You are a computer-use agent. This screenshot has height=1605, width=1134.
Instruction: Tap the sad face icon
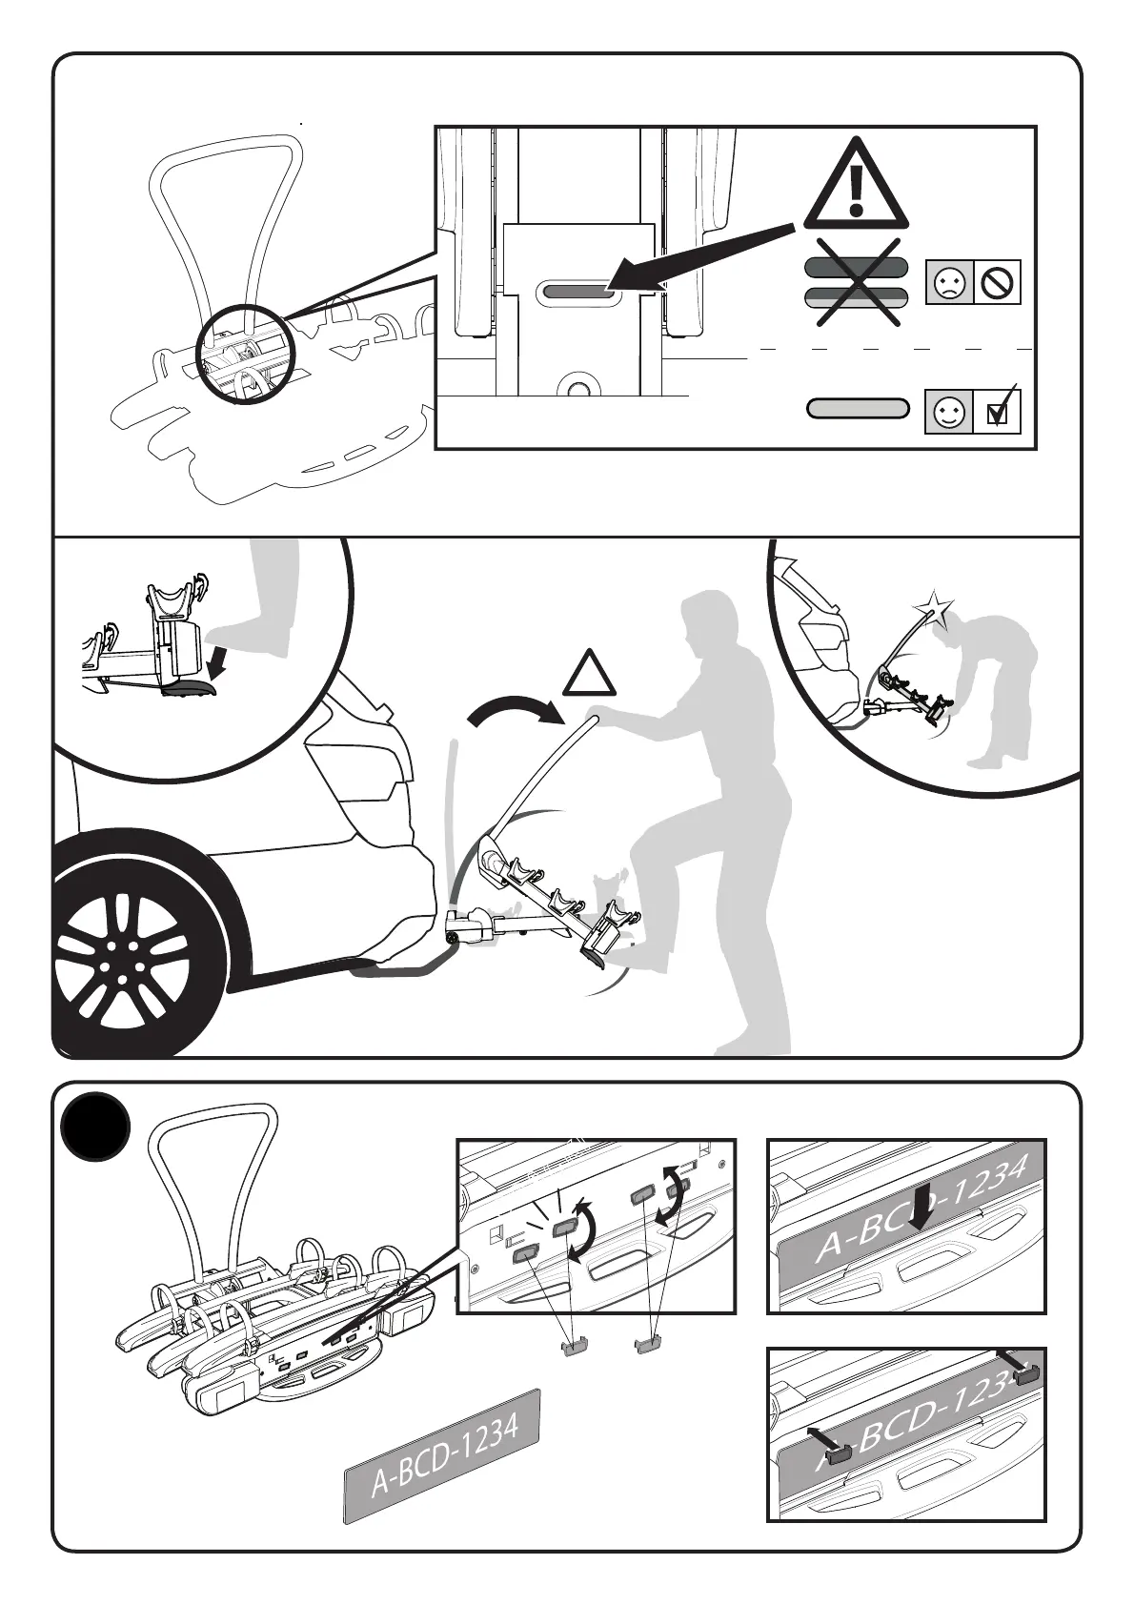(x=949, y=283)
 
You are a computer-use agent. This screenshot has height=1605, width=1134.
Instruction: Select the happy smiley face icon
(x=949, y=413)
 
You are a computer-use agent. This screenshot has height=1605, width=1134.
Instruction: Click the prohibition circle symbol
(x=998, y=283)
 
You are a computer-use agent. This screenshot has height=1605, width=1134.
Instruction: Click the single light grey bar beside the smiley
(x=857, y=409)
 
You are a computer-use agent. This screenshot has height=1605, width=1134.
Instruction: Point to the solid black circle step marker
(x=94, y=1125)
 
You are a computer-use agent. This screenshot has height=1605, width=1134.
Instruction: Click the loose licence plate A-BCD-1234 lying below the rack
(x=442, y=1453)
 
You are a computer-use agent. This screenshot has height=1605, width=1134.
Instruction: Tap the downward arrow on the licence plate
(x=921, y=1208)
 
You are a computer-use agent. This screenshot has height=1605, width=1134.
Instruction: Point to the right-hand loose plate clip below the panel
(x=649, y=1344)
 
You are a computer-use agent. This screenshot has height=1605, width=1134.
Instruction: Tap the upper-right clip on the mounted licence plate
(x=1025, y=1375)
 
